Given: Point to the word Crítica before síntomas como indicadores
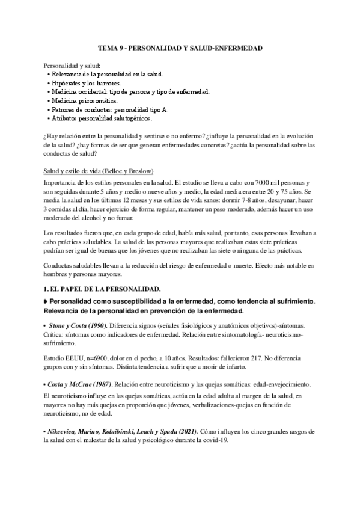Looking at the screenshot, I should [x=55, y=333].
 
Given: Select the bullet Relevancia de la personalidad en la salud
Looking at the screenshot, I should [x=103, y=73].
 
